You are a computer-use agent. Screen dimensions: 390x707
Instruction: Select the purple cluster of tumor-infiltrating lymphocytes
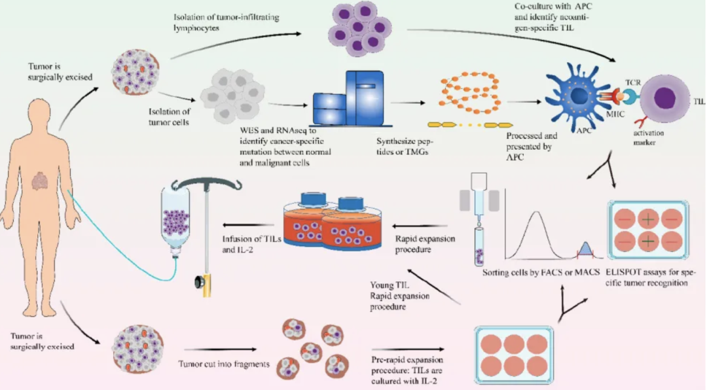[358, 29]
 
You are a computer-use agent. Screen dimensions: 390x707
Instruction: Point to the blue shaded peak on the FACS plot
[585, 249]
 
